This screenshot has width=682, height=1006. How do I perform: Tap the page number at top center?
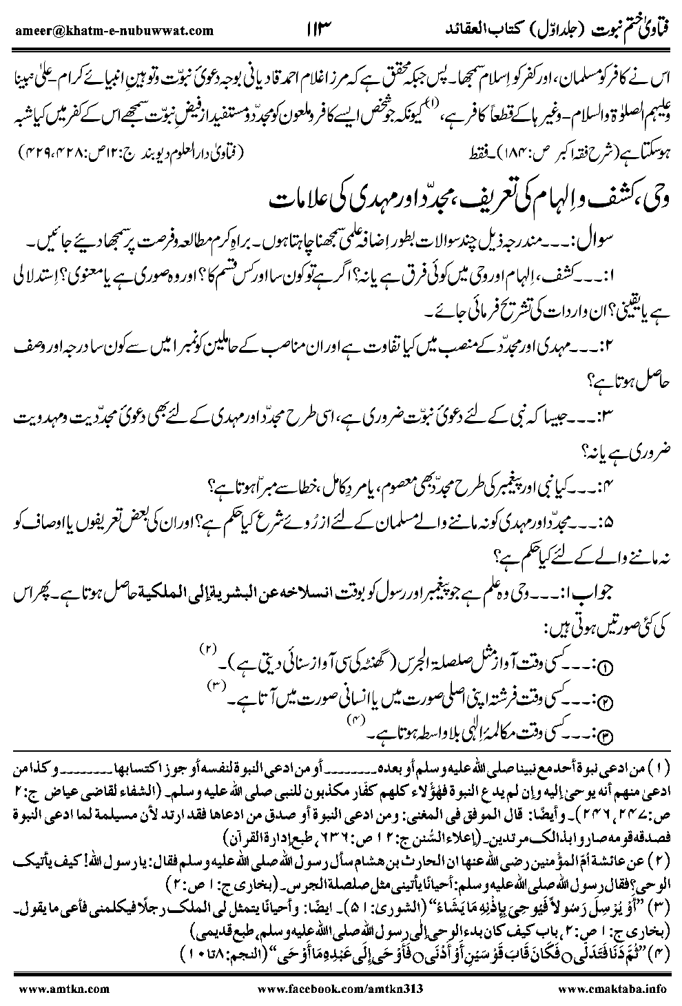[x=318, y=29]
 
